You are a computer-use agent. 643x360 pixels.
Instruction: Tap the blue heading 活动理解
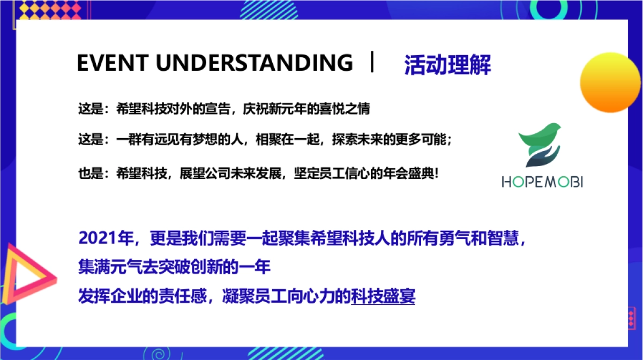coord(447,65)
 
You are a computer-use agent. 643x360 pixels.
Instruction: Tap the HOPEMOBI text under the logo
coord(542,182)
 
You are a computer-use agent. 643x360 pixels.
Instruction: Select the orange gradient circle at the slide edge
coord(611,82)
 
